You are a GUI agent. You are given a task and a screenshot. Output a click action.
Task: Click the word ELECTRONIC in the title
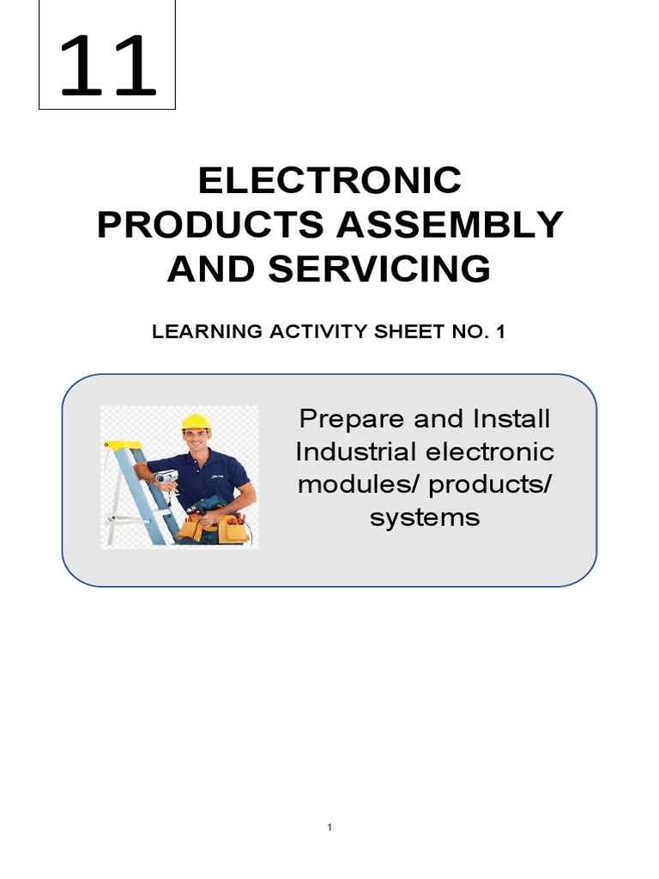330,181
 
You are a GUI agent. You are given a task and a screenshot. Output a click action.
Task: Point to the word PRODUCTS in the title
211,225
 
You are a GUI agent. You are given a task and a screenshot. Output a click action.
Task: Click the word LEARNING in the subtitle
195,332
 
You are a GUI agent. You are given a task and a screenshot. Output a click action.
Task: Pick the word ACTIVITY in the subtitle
304,332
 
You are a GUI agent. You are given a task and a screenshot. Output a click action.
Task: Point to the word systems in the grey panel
425,518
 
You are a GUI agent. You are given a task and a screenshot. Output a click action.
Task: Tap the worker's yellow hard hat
196,421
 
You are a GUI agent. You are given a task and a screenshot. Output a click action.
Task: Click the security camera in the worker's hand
166,476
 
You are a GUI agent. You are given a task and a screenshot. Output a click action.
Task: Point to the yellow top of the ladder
120,445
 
